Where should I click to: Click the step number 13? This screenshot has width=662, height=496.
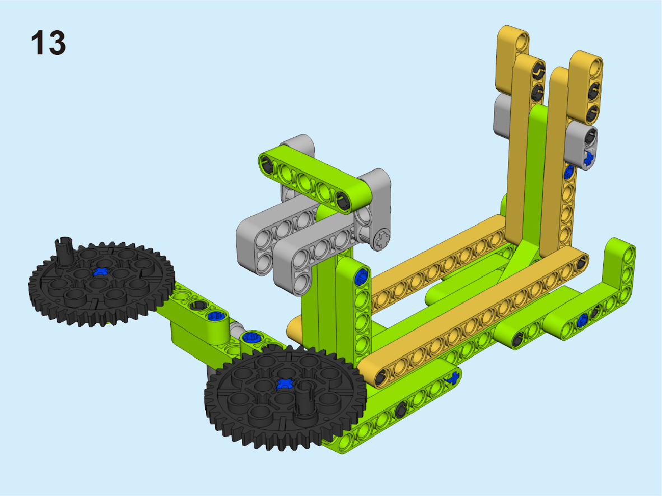48,43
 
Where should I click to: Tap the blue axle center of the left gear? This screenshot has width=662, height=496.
100,271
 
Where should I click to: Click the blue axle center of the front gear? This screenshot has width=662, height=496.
285,383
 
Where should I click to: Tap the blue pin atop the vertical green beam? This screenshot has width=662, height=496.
361,277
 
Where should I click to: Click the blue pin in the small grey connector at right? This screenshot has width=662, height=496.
588,157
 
